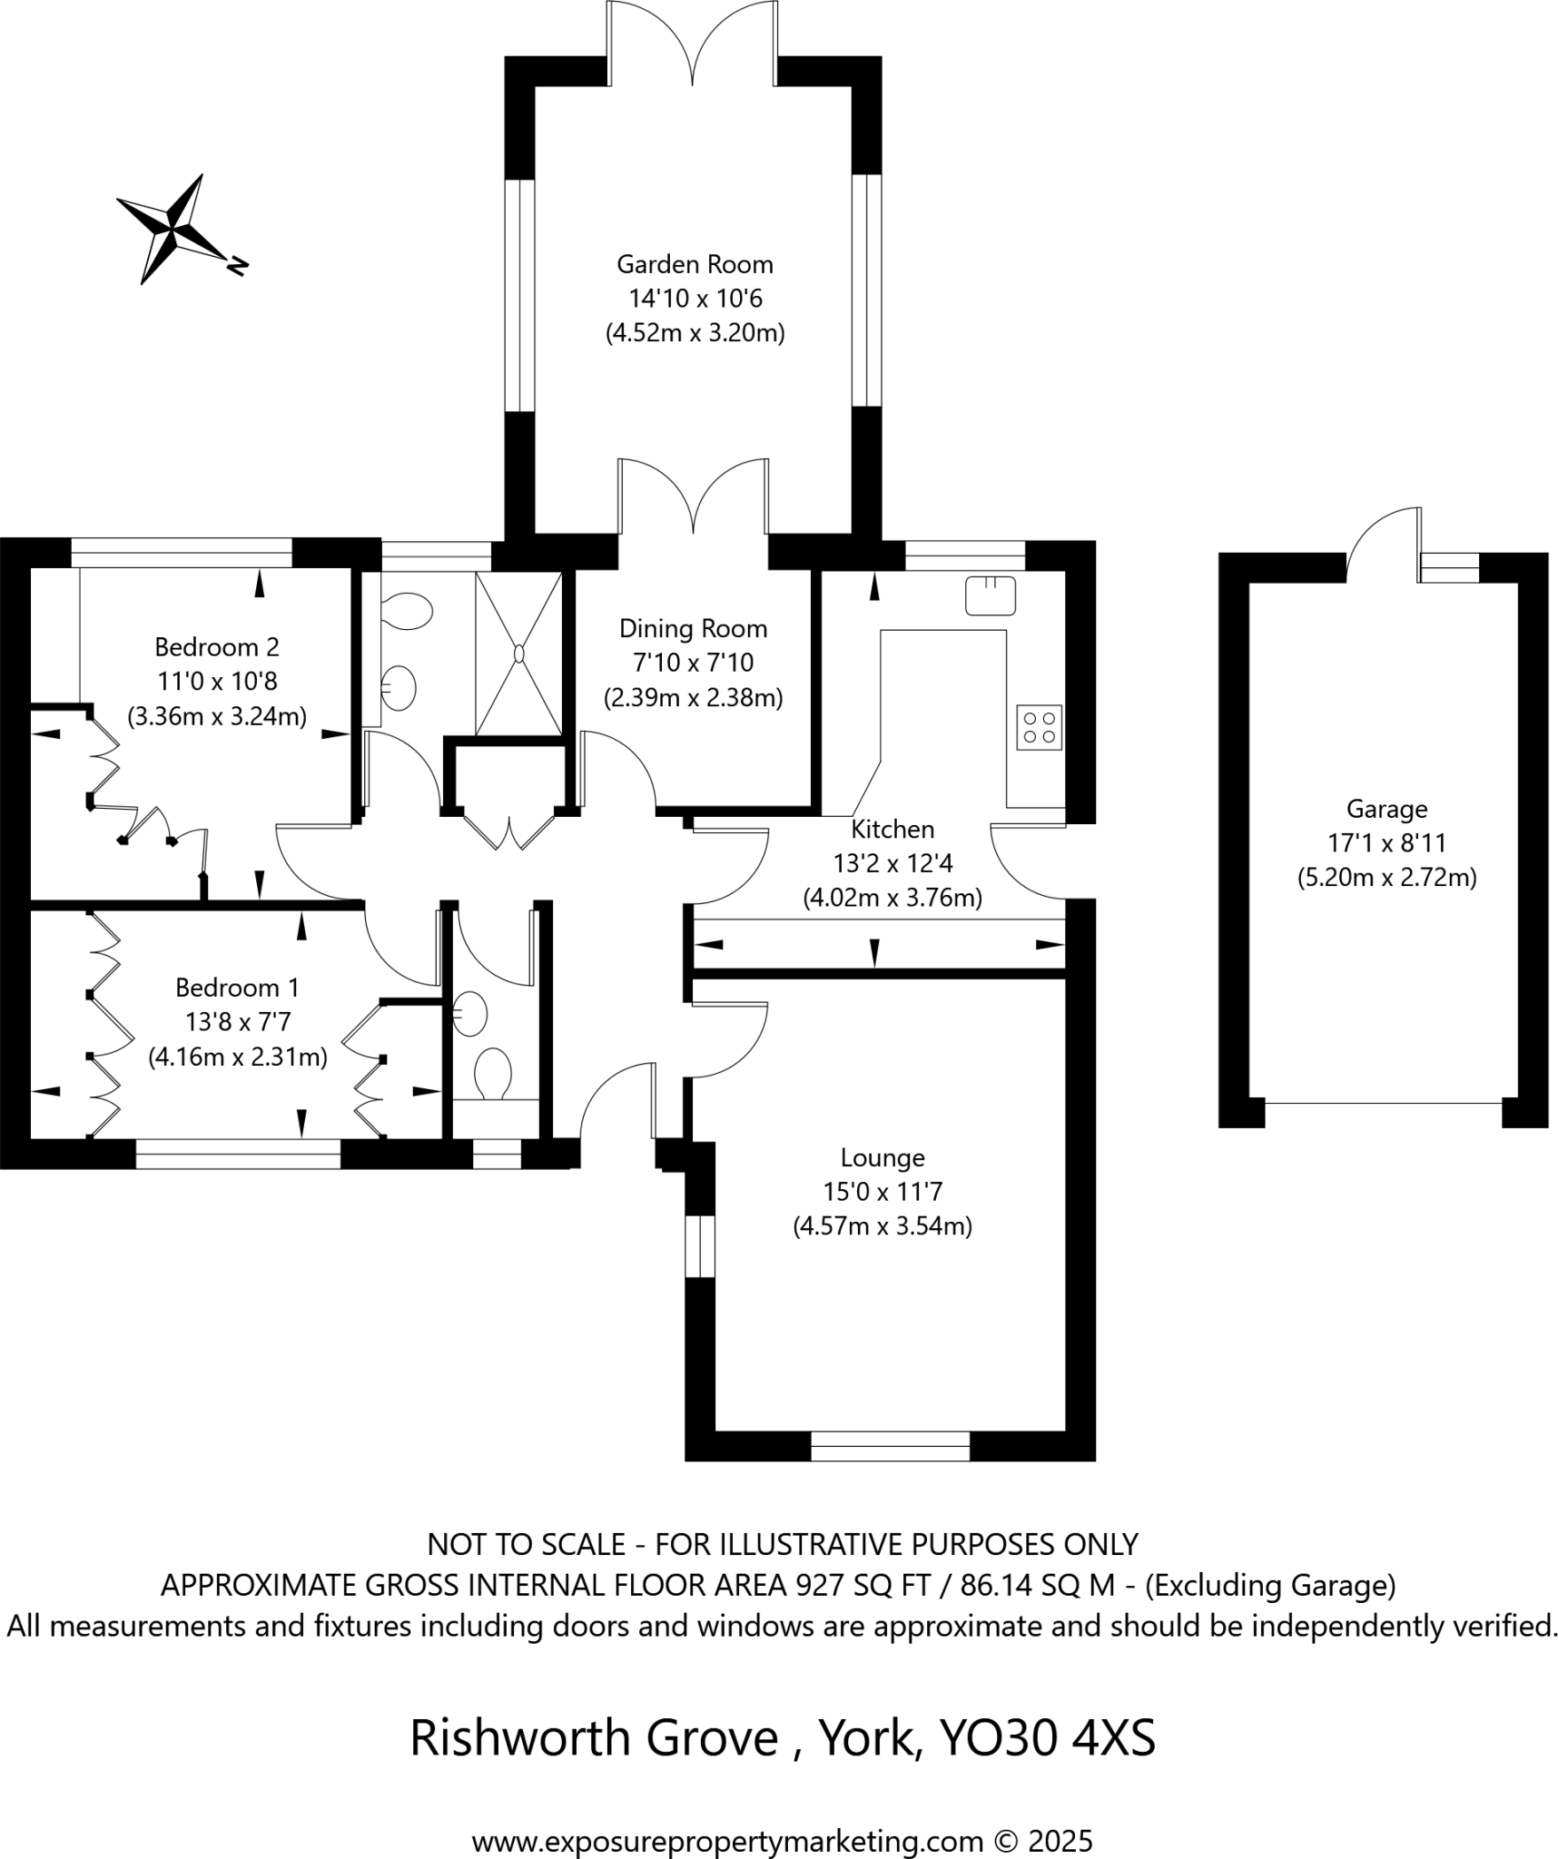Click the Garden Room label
tap(695, 264)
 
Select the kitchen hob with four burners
tap(1039, 727)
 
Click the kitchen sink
tap(990, 595)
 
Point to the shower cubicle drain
tap(519, 654)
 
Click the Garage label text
tap(1386, 808)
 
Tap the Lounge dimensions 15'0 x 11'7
tap(882, 1191)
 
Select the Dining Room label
tap(693, 628)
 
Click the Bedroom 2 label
tap(217, 646)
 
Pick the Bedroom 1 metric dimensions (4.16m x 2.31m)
tap(238, 1057)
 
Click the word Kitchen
tap(892, 829)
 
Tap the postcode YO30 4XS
tap(1048, 1738)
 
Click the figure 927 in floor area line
tap(816, 1586)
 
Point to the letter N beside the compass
tap(237, 265)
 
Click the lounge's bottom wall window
tap(890, 1446)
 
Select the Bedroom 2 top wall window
tap(182, 553)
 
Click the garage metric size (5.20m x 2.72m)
tap(1386, 878)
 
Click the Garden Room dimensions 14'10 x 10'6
tap(695, 298)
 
